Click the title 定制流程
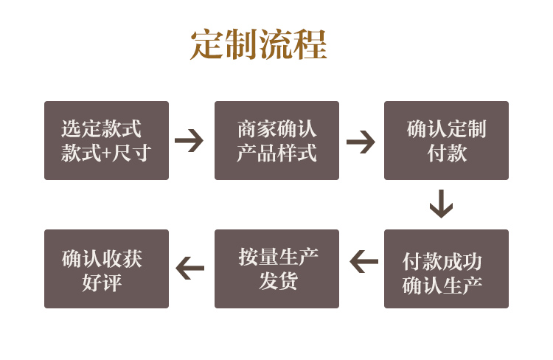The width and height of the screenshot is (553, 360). (259, 45)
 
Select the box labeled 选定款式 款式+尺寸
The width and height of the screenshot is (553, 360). (106, 141)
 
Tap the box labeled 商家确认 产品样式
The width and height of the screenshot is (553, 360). (276, 141)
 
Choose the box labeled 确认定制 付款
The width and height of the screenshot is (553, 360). (446, 141)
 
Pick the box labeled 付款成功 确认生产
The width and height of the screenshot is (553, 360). (446, 269)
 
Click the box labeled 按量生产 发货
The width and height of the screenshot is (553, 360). (276, 269)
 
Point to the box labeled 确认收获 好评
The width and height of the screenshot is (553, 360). (106, 269)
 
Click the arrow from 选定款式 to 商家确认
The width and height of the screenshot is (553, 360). (189, 140)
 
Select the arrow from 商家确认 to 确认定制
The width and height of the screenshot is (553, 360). (361, 141)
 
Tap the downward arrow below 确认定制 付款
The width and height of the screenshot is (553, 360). (441, 204)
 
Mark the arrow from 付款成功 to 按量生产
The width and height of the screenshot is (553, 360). (364, 261)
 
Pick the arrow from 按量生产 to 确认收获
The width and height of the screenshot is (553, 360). (190, 268)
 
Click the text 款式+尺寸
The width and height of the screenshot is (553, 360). (106, 153)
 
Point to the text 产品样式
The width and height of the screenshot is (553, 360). (276, 153)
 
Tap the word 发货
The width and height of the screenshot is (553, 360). (277, 281)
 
